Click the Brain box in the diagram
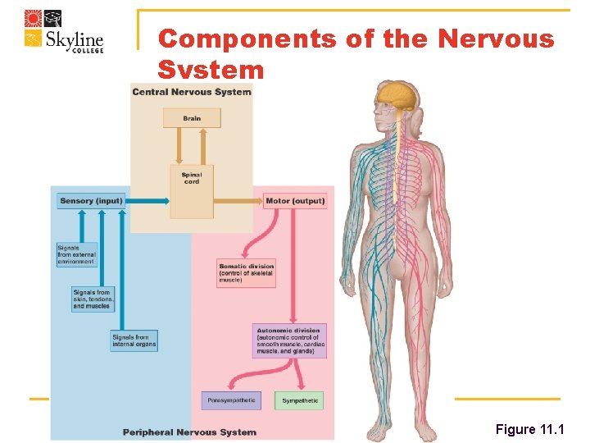coord(192,118)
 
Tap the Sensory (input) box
coord(91,201)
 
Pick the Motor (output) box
coord(295,201)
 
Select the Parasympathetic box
coord(232,401)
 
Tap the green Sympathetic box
coord(298,401)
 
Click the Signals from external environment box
coord(76,254)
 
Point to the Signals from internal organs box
coord(134,340)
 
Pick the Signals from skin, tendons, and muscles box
coord(93,299)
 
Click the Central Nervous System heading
coord(192,91)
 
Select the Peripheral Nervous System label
coord(189,432)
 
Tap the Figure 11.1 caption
coord(528,430)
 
